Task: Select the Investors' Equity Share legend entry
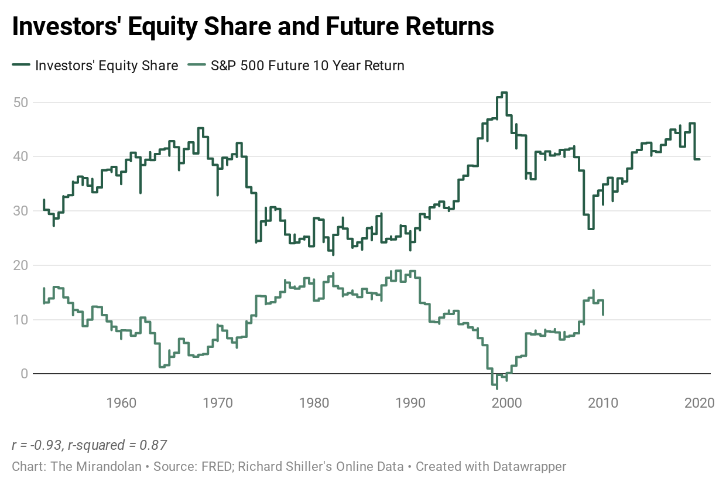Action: pyautogui.click(x=106, y=65)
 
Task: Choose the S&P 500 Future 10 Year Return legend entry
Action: pyautogui.click(x=307, y=65)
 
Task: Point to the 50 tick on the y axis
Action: pyautogui.click(x=21, y=102)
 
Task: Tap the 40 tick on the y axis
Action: pyautogui.click(x=21, y=156)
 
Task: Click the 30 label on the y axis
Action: pyautogui.click(x=21, y=211)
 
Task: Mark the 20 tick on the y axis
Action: pyautogui.click(x=21, y=265)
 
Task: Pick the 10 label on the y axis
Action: pyautogui.click(x=21, y=319)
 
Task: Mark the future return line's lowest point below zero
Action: pyautogui.click(x=497, y=388)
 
